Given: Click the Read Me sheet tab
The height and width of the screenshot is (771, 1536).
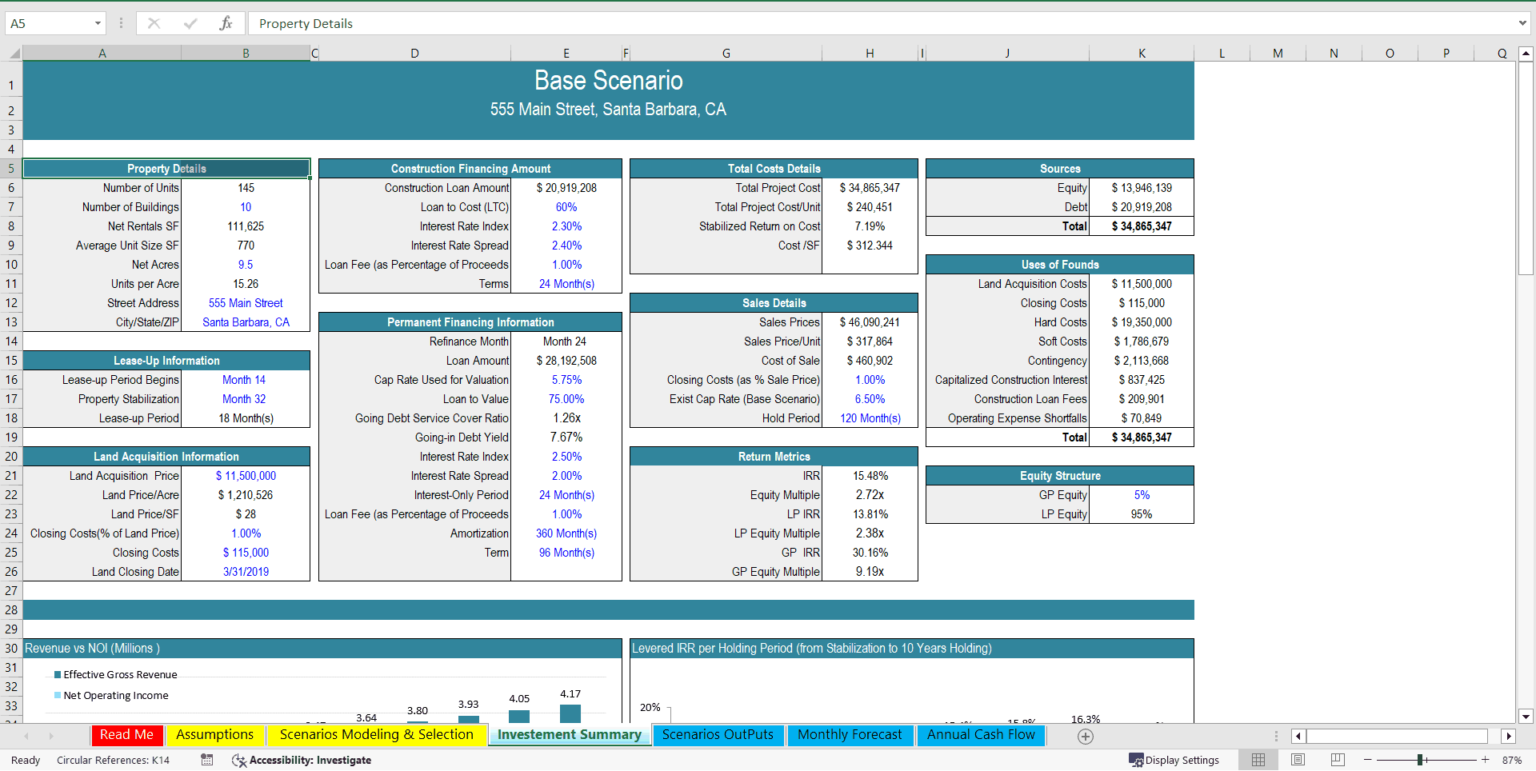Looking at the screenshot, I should (126, 735).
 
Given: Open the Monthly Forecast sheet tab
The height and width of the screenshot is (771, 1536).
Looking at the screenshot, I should (849, 735).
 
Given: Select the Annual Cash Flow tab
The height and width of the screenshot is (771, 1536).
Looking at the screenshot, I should (980, 735).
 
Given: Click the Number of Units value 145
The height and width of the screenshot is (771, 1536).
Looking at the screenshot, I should (246, 188).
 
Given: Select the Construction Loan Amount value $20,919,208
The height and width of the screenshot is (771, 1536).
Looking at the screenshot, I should (566, 188).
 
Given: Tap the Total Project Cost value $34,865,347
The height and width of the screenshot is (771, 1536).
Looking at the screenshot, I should (870, 188).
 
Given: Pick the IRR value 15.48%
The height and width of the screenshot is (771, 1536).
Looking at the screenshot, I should (870, 476).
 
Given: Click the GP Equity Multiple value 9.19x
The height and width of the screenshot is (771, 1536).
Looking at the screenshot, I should (870, 572).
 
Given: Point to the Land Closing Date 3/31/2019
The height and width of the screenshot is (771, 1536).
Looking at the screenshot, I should (246, 572).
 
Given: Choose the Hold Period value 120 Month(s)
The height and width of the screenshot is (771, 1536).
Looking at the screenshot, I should (870, 418).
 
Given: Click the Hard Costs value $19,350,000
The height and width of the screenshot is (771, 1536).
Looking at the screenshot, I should (1141, 322).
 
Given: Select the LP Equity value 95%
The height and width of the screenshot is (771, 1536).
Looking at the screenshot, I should (1141, 514).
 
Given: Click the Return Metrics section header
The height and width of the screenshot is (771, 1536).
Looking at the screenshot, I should (774, 457).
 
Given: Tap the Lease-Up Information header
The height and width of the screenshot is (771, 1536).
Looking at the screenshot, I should (166, 361).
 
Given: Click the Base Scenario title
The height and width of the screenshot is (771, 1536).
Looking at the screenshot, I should (608, 81).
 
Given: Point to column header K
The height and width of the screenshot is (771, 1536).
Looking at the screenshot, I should (1142, 54).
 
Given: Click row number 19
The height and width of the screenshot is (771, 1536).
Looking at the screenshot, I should (11, 437).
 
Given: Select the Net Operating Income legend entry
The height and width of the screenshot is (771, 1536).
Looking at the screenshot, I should (115, 696).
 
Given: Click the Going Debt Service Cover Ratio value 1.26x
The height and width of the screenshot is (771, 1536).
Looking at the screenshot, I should (566, 418).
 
